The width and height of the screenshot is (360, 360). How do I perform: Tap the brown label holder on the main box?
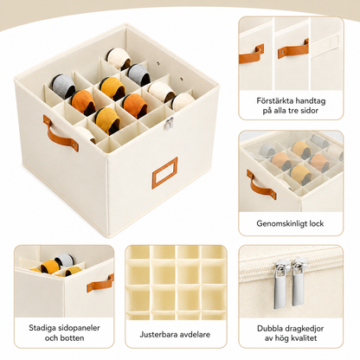164,173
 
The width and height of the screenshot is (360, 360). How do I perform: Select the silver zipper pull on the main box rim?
169,124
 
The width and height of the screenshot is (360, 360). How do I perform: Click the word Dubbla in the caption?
271,328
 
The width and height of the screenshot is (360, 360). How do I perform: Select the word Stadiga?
42,328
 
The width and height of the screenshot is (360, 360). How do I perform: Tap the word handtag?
310,101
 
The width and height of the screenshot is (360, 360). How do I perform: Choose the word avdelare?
195,335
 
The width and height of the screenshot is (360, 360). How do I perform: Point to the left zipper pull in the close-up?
280,285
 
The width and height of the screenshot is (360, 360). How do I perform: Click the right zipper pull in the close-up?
298,283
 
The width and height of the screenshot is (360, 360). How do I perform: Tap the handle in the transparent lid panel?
260,185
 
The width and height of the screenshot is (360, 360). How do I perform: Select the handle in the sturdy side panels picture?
100,283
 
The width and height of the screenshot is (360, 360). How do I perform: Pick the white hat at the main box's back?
119,59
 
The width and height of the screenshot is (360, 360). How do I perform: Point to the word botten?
73,337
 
